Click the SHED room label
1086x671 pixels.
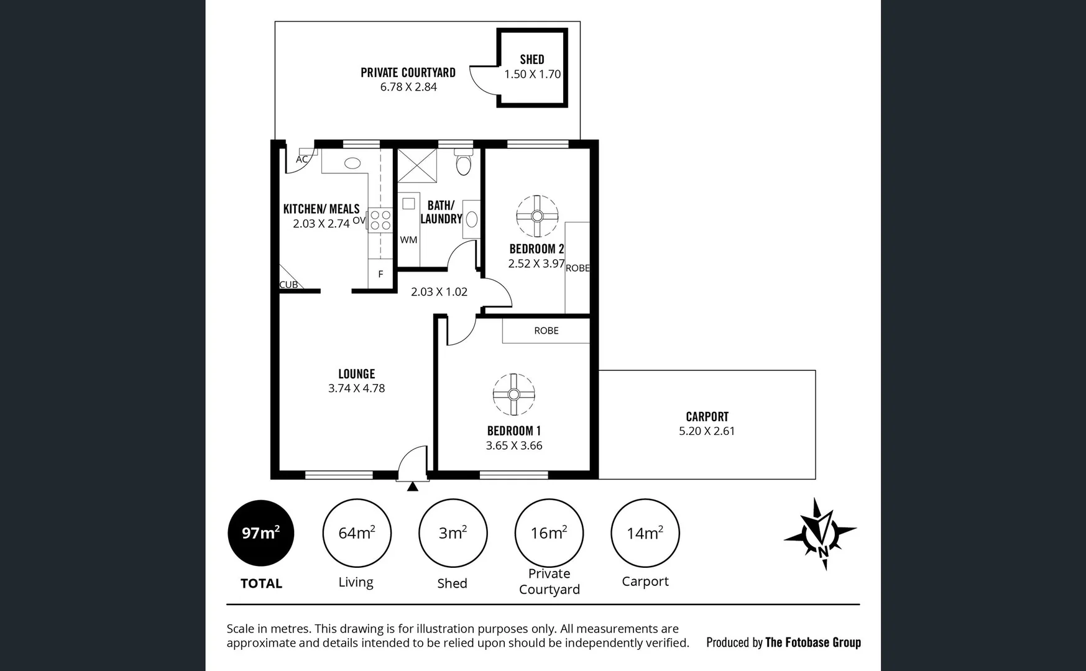[x=531, y=60]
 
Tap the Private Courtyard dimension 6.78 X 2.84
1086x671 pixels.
[x=408, y=87]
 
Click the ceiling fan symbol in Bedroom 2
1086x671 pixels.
[x=537, y=216]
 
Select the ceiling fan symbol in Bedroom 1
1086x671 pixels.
[x=513, y=395]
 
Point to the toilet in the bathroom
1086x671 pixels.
[x=464, y=164]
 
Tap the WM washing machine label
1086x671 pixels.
[x=408, y=240]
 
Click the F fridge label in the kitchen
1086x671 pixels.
[x=380, y=274]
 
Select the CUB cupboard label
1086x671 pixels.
[x=288, y=285]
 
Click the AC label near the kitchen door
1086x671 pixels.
[x=301, y=159]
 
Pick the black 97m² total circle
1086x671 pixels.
[x=261, y=533]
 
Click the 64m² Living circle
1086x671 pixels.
[x=356, y=533]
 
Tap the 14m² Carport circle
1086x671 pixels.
[x=645, y=533]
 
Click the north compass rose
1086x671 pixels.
[x=821, y=534]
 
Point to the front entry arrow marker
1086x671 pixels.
[x=412, y=487]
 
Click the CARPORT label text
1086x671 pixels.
[x=707, y=417]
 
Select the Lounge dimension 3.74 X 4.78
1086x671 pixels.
[x=356, y=388]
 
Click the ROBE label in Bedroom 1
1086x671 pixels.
[x=546, y=331]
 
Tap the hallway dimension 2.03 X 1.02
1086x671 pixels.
[x=439, y=292]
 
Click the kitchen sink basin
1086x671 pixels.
[x=352, y=163]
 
